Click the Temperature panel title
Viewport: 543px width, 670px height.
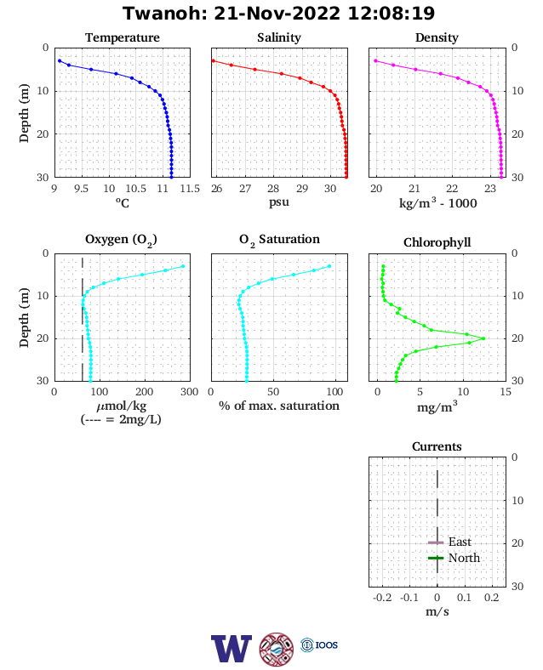pyautogui.click(x=123, y=37)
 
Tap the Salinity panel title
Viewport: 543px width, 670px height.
pyautogui.click(x=279, y=37)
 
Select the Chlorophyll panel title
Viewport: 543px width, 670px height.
pyautogui.click(x=437, y=242)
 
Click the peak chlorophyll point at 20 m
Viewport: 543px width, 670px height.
pyautogui.click(x=483, y=338)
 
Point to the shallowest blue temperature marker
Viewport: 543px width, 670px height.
pyautogui.click(x=60, y=60)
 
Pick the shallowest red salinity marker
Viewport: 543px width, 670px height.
pyautogui.click(x=214, y=60)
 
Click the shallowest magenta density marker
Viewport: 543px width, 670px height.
pyautogui.click(x=376, y=60)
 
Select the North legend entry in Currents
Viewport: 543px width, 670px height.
pyautogui.click(x=454, y=558)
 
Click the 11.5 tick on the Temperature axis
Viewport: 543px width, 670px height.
pyautogui.click(x=190, y=189)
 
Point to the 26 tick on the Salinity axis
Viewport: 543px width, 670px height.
pyautogui.click(x=217, y=189)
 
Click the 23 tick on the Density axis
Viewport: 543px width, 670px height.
pyautogui.click(x=490, y=189)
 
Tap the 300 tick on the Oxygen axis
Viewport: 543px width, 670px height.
pyautogui.click(x=190, y=392)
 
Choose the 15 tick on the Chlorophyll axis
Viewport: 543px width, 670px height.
pyautogui.click(x=506, y=392)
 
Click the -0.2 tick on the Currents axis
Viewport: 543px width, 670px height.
pyautogui.click(x=382, y=598)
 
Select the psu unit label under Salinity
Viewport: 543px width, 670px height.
pyautogui.click(x=279, y=202)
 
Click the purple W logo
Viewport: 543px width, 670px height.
pyautogui.click(x=231, y=649)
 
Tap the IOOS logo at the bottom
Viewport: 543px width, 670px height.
pyautogui.click(x=319, y=644)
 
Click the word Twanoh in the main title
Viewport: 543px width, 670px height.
pyautogui.click(x=165, y=14)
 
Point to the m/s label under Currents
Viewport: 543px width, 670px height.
pyautogui.click(x=437, y=612)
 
